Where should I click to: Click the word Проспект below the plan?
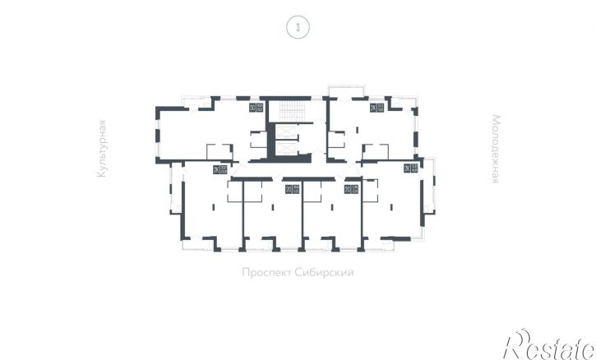click(267, 273)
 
